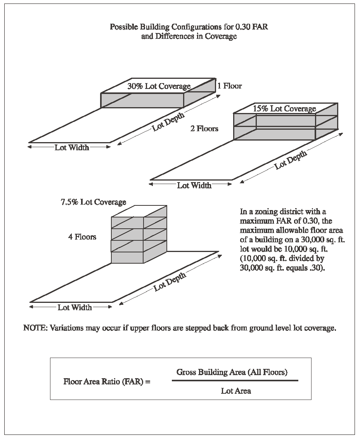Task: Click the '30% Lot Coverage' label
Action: (x=159, y=86)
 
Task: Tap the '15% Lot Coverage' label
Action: (x=284, y=109)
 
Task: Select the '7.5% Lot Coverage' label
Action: (x=93, y=202)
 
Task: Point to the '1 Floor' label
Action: (x=229, y=86)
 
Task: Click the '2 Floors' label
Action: (x=204, y=129)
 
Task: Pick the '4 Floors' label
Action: (x=82, y=236)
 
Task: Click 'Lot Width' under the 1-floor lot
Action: (x=71, y=148)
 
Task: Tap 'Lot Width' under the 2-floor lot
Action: (x=194, y=185)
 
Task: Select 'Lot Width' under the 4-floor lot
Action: (x=74, y=308)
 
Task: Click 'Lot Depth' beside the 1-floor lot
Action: (x=168, y=122)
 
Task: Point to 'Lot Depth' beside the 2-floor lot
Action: (x=291, y=160)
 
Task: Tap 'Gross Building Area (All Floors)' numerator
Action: (x=232, y=372)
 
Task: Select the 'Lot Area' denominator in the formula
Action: (x=236, y=391)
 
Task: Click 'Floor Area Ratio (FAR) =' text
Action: (x=107, y=381)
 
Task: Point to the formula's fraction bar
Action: (x=235, y=381)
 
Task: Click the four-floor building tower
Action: (x=139, y=235)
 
